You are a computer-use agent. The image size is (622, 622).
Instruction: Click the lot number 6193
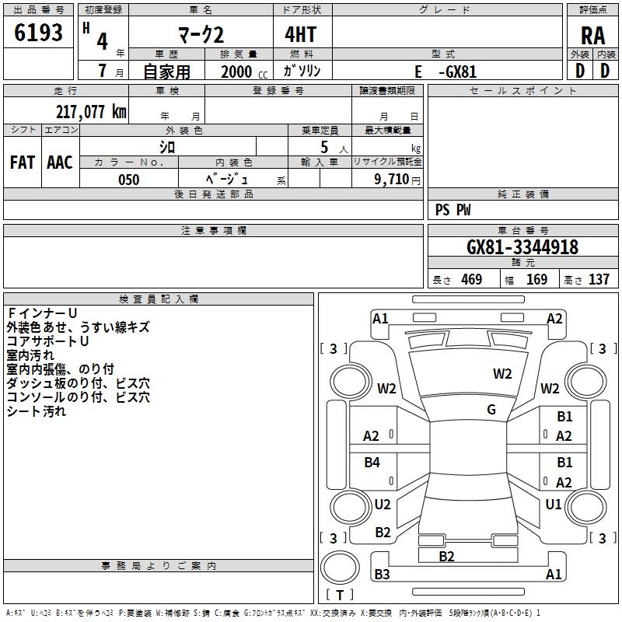pyautogui.click(x=38, y=33)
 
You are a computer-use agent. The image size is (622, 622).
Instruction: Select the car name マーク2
pyautogui.click(x=201, y=34)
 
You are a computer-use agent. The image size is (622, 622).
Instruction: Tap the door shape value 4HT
pyautogui.click(x=301, y=34)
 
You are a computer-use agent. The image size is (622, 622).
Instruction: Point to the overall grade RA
pyautogui.click(x=593, y=36)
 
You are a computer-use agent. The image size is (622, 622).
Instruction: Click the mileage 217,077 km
pyautogui.click(x=91, y=111)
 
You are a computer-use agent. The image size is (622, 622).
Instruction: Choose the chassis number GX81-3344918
pyautogui.click(x=522, y=246)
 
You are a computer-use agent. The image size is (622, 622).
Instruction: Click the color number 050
pyautogui.click(x=129, y=180)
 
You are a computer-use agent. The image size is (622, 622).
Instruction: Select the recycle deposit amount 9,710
pyautogui.click(x=392, y=180)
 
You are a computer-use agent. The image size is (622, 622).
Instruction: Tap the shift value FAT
pyautogui.click(x=23, y=162)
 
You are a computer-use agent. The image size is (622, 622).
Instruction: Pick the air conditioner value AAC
pyautogui.click(x=60, y=162)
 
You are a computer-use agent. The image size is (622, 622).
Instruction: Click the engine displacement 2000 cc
pyautogui.click(x=244, y=72)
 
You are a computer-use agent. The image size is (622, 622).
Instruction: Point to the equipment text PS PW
pyautogui.click(x=453, y=209)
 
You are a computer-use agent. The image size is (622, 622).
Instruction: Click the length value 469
pyautogui.click(x=472, y=279)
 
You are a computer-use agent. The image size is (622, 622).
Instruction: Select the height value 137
pyautogui.click(x=599, y=279)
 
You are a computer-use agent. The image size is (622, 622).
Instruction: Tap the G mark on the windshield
pyautogui.click(x=491, y=409)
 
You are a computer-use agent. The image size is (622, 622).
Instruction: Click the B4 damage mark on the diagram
pyautogui.click(x=372, y=462)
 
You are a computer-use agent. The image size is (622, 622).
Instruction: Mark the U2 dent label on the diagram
pyautogui.click(x=383, y=504)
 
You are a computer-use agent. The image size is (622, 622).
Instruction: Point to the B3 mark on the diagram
pyautogui.click(x=382, y=574)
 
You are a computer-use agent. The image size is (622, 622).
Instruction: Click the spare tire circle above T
pyautogui.click(x=340, y=568)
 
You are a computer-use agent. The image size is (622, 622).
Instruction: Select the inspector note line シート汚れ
pyautogui.click(x=36, y=411)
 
